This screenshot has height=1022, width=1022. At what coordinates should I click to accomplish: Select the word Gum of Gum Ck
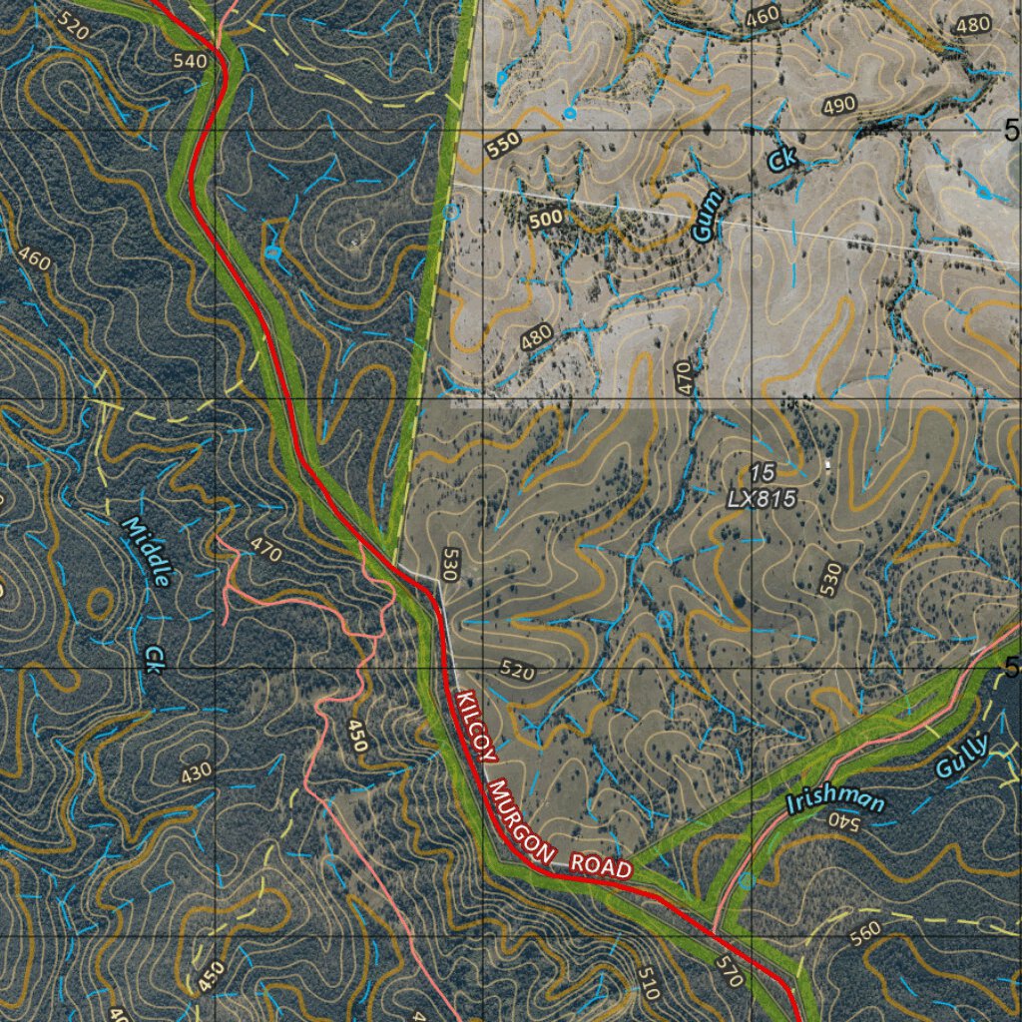[x=706, y=221]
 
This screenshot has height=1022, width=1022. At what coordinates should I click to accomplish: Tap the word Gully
[x=962, y=756]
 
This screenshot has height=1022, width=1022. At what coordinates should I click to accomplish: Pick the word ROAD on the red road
[x=601, y=865]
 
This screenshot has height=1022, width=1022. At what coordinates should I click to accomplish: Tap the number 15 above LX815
[x=762, y=471]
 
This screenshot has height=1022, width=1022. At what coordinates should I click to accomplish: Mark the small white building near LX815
[x=827, y=463]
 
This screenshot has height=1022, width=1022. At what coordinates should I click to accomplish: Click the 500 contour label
[x=547, y=218]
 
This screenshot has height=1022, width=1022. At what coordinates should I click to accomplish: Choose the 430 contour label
[x=196, y=771]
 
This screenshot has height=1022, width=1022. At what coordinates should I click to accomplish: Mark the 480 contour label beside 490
[x=972, y=26]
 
